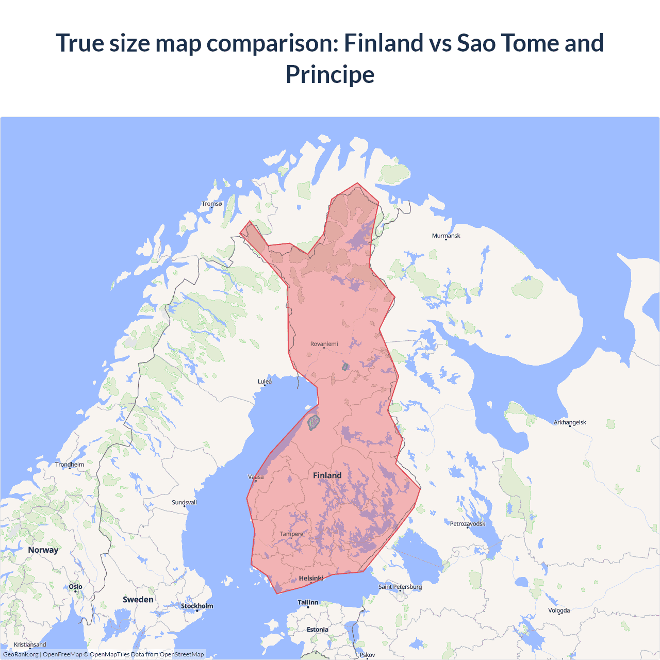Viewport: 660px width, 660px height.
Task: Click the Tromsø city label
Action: point(211,204)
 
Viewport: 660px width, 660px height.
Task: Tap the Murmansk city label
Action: point(446,236)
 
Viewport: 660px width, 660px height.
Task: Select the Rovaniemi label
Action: point(324,344)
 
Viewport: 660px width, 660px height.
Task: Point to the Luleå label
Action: point(265,382)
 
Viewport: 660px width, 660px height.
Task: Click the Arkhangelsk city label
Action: point(570,422)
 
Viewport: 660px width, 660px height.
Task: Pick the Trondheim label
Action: point(70,465)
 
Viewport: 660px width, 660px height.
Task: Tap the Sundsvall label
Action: point(184,502)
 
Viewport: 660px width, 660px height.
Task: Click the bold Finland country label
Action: point(327,475)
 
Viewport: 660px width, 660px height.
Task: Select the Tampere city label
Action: point(291,534)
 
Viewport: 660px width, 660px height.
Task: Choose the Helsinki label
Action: point(311,579)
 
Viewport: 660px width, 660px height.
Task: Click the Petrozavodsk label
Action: point(467,524)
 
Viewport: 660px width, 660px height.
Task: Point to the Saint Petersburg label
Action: point(400,587)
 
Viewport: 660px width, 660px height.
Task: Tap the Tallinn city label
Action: point(308,602)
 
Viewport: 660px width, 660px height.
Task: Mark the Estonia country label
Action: point(317,630)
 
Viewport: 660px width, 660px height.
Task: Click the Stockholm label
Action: point(197,606)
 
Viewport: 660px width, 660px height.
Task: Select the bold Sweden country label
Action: point(138,600)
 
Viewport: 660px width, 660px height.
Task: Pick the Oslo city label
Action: point(75,587)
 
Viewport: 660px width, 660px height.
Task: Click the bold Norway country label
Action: point(43,550)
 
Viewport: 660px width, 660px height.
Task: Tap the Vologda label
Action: point(559,610)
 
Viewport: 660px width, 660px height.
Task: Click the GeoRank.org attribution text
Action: point(21,654)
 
